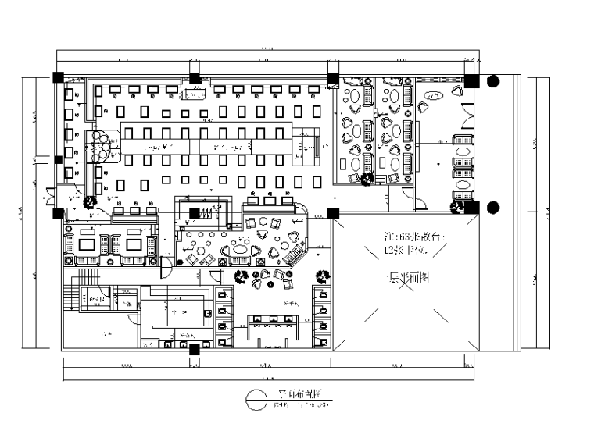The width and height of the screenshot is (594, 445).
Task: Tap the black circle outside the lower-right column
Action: [492, 208]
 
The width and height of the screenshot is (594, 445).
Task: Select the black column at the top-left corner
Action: [58, 77]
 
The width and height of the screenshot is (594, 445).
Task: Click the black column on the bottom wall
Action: [194, 350]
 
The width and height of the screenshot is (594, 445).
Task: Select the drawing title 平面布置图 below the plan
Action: [293, 394]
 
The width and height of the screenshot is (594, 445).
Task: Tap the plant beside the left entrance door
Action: [90, 201]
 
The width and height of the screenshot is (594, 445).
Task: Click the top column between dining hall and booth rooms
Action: [333, 78]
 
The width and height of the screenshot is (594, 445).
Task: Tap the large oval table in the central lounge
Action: [239, 250]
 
